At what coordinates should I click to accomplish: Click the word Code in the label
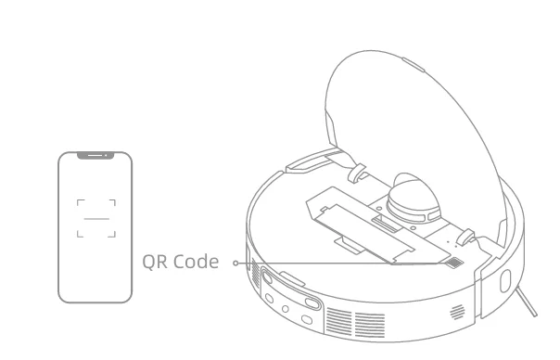pyautogui.click(x=197, y=263)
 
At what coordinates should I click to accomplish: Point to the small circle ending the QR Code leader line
pyautogui.click(x=235, y=263)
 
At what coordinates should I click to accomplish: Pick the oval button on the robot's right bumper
pyautogui.click(x=506, y=281)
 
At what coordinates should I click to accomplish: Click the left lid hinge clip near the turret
pyautogui.click(x=354, y=174)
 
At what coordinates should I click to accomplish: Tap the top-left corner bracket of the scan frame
pyautogui.click(x=81, y=202)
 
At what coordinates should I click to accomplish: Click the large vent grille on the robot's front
pyautogui.click(x=356, y=321)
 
